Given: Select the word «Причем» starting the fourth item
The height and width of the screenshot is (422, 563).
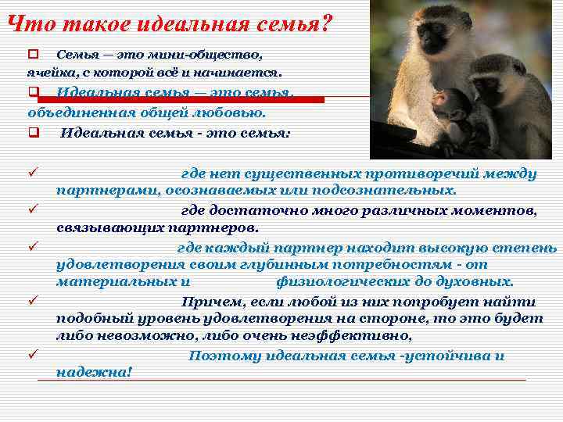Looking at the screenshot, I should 210,302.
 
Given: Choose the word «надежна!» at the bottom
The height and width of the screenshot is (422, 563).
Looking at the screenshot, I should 95,372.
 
